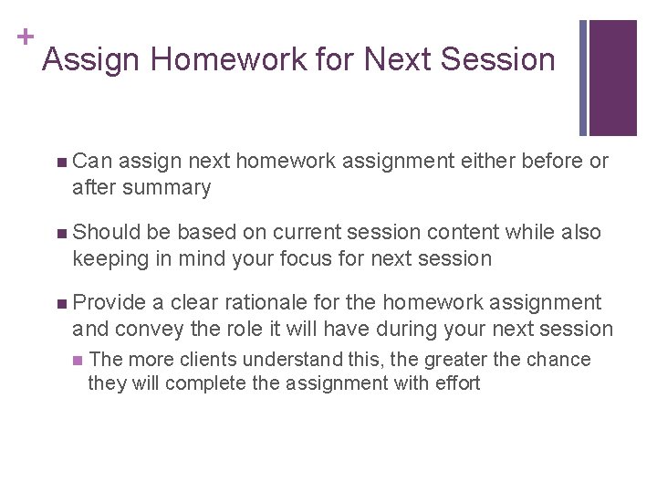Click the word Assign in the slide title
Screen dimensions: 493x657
click(x=91, y=60)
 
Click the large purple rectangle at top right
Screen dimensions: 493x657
click(x=613, y=78)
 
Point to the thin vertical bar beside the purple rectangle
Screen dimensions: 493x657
click(x=583, y=78)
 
